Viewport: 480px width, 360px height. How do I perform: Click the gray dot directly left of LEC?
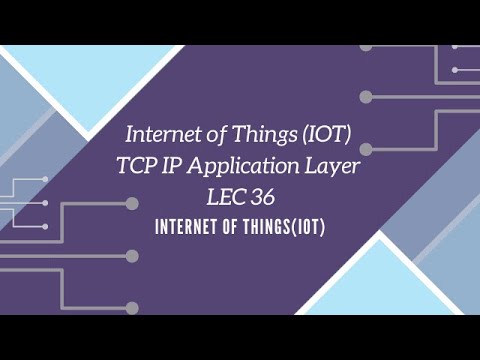click(x=131, y=202)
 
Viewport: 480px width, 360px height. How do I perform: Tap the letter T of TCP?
click(x=127, y=169)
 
